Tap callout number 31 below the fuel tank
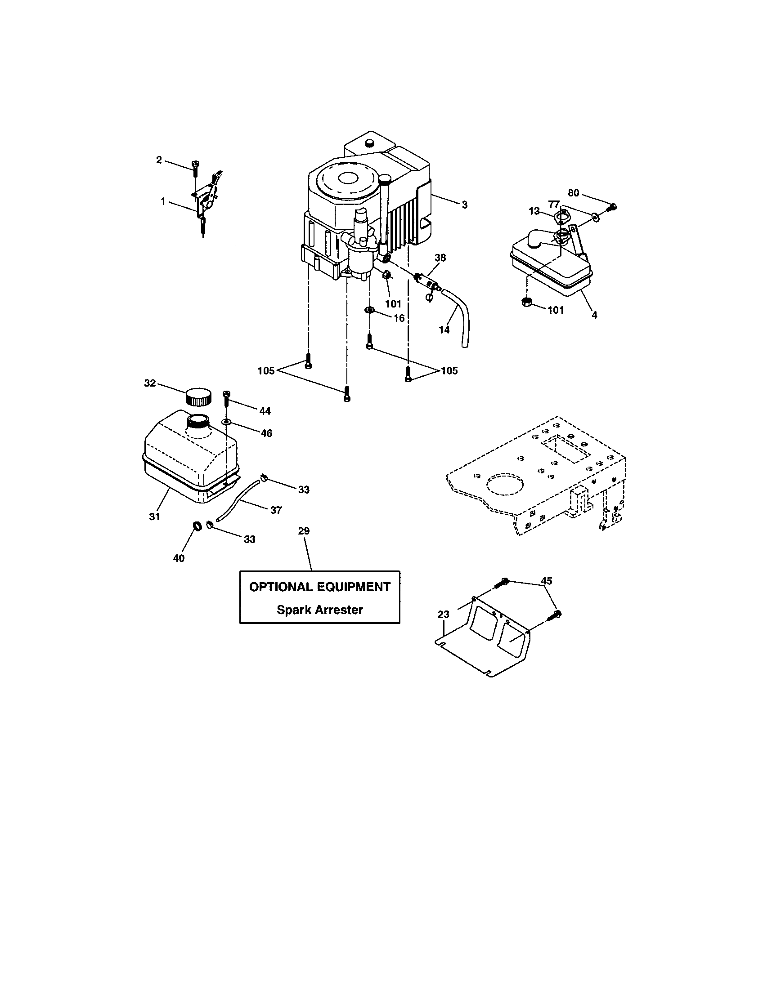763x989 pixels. (154, 516)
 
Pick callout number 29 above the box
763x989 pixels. (304, 531)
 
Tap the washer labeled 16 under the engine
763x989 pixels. (369, 310)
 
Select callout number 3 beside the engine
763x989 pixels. (464, 205)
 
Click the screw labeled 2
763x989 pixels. (195, 169)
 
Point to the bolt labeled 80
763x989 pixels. (612, 208)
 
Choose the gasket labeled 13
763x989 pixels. (561, 217)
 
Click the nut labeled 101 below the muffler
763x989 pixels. (526, 302)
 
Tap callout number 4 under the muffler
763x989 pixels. (594, 315)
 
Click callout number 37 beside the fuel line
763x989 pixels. (276, 510)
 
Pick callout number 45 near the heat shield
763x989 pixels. (547, 580)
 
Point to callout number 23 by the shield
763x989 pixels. (444, 615)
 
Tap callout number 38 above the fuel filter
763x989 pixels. (440, 258)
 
